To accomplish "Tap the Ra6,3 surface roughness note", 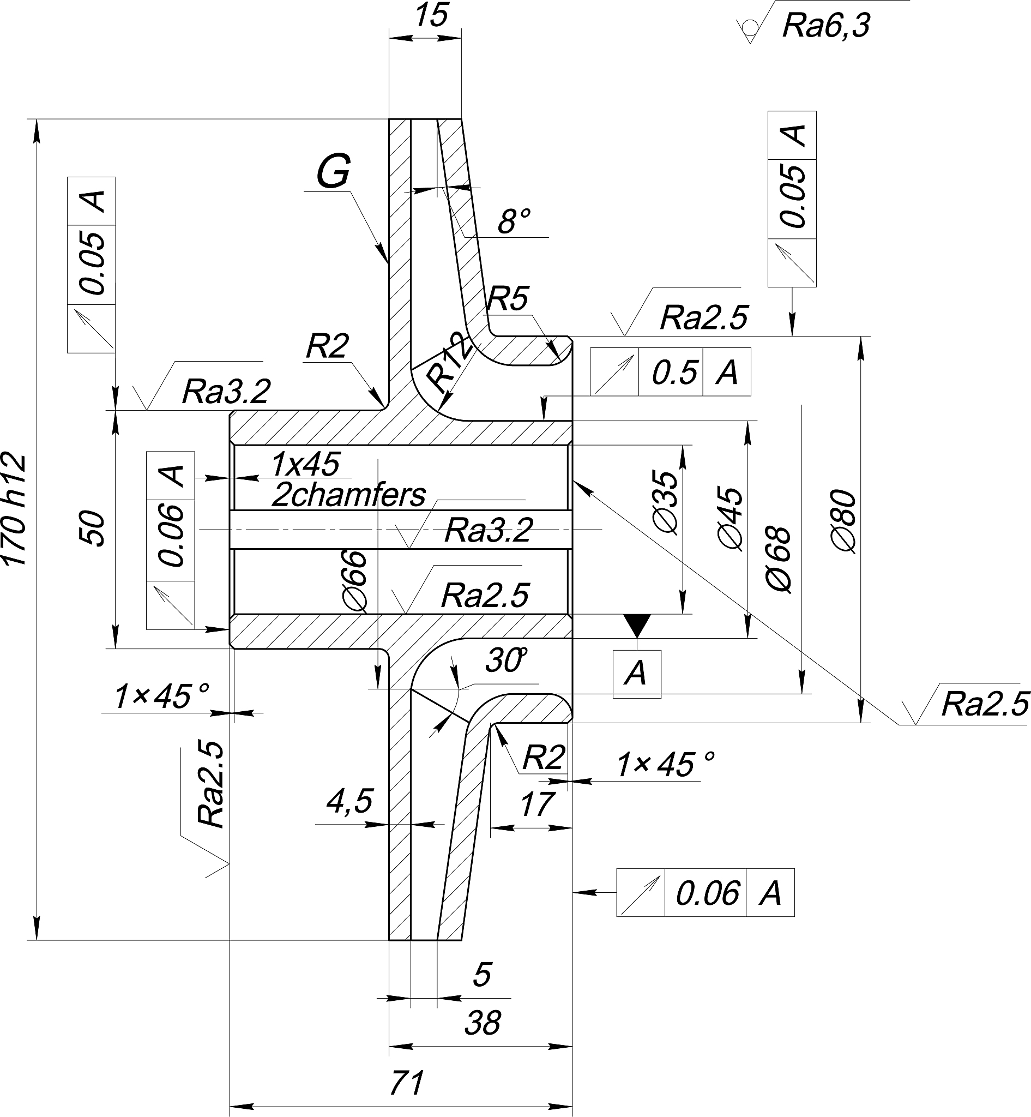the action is tap(826, 26).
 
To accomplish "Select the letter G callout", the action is tap(334, 171).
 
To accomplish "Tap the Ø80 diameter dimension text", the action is tap(843, 521).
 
